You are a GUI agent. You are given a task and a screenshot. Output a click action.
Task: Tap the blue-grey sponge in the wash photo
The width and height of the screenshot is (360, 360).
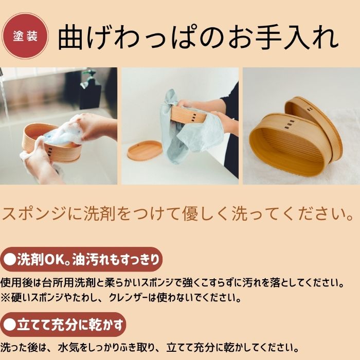pos(62,135)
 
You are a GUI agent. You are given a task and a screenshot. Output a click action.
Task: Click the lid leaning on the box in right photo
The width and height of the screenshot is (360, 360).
pos(314,121)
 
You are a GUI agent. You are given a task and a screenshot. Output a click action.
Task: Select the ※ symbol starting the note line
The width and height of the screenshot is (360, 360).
pos(5,298)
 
